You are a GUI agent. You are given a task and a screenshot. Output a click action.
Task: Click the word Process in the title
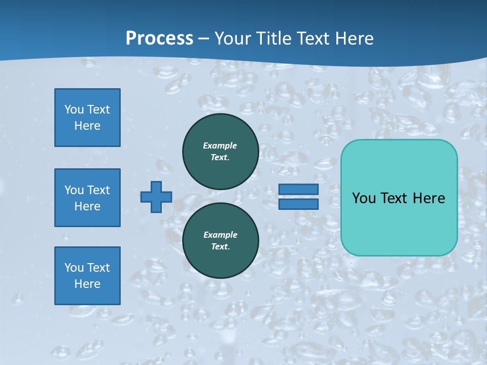coord(159,39)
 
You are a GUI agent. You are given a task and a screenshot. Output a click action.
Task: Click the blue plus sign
coord(156,197)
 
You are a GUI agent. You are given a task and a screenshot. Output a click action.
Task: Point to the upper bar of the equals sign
coord(298,189)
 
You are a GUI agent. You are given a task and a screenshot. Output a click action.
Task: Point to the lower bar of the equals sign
coord(298,204)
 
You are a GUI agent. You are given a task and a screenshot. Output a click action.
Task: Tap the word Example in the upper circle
coord(220,145)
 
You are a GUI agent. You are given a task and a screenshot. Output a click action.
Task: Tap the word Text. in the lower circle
coord(221,246)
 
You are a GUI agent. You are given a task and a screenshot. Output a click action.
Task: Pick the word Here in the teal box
coord(429,198)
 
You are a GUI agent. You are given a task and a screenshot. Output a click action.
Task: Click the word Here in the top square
coord(87,126)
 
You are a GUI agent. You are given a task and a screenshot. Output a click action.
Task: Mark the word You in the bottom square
coord(74,268)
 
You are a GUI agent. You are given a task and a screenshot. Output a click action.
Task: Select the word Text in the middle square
coord(99,190)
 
